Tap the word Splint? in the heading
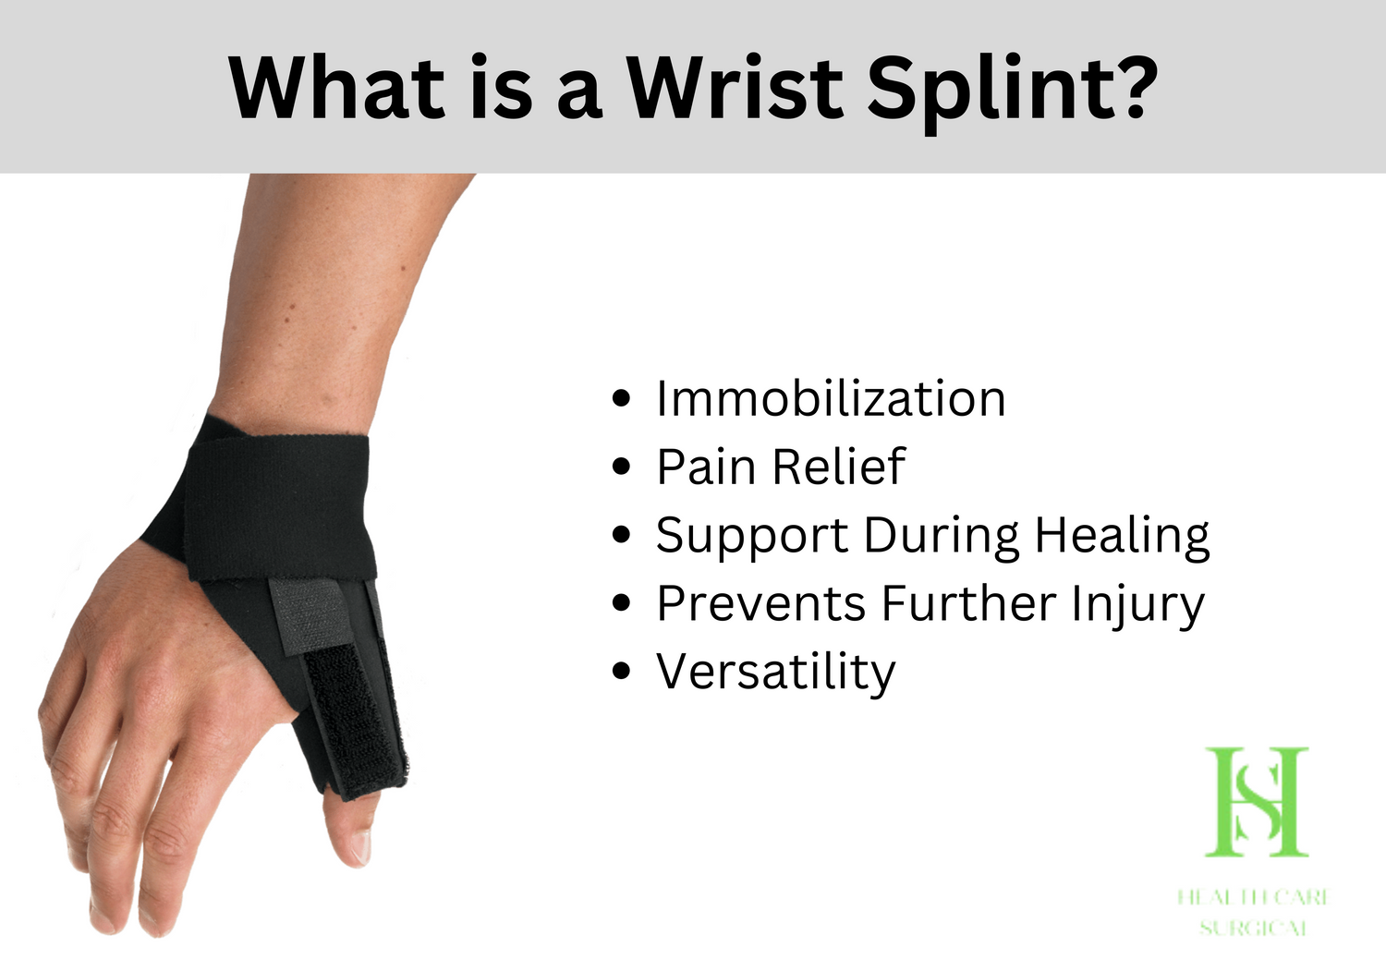1012,89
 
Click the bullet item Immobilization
830,399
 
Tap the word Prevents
760,604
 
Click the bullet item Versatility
775,672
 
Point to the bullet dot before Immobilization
622,398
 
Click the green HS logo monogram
1257,801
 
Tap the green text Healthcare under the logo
1252,896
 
